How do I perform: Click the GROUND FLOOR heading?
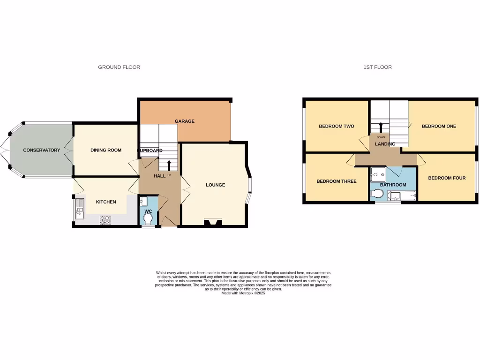pyautogui.click(x=119, y=67)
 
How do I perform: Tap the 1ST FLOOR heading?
pyautogui.click(x=377, y=67)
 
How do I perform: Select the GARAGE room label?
pyautogui.click(x=185, y=121)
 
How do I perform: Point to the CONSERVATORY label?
pyautogui.click(x=42, y=150)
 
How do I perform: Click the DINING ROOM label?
pyautogui.click(x=106, y=150)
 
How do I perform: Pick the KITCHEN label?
pyautogui.click(x=106, y=202)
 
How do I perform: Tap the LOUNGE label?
pyautogui.click(x=216, y=185)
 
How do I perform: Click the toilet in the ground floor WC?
pyautogui.click(x=149, y=220)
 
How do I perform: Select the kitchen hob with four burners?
pyautogui.click(x=104, y=219)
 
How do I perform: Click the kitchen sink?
pyautogui.click(x=79, y=209)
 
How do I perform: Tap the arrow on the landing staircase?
pyautogui.click(x=380, y=127)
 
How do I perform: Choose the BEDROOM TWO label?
pyautogui.click(x=337, y=126)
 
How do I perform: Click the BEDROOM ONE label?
pyautogui.click(x=439, y=126)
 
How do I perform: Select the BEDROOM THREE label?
pyautogui.click(x=337, y=181)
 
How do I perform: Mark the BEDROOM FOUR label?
pyautogui.click(x=447, y=178)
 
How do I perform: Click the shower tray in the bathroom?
pyautogui.click(x=378, y=174)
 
